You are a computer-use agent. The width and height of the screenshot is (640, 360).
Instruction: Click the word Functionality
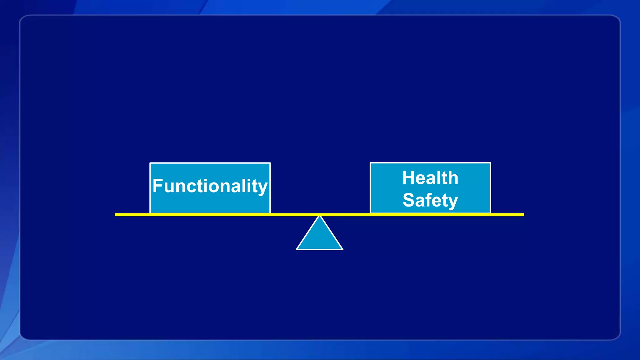[x=210, y=186]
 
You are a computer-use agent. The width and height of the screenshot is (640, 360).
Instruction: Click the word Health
[x=430, y=178]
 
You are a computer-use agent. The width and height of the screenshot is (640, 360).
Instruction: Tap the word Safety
[x=430, y=200]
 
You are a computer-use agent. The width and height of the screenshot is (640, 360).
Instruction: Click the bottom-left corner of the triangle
[x=297, y=249]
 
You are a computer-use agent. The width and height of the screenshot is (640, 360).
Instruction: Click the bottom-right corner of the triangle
[x=342, y=249]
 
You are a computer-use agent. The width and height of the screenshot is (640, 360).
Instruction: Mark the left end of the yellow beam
[x=115, y=215]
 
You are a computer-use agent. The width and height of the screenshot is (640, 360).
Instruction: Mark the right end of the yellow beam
[x=523, y=215]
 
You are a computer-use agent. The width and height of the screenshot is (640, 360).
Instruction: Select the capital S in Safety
[x=409, y=200]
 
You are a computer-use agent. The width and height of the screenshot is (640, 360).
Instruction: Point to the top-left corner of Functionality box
[x=150, y=163]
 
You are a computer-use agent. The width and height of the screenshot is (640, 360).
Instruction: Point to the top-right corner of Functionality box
[x=270, y=163]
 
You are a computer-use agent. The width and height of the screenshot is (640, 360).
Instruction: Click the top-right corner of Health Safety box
[x=490, y=163]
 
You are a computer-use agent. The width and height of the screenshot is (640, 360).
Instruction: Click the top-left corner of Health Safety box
[x=371, y=163]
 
